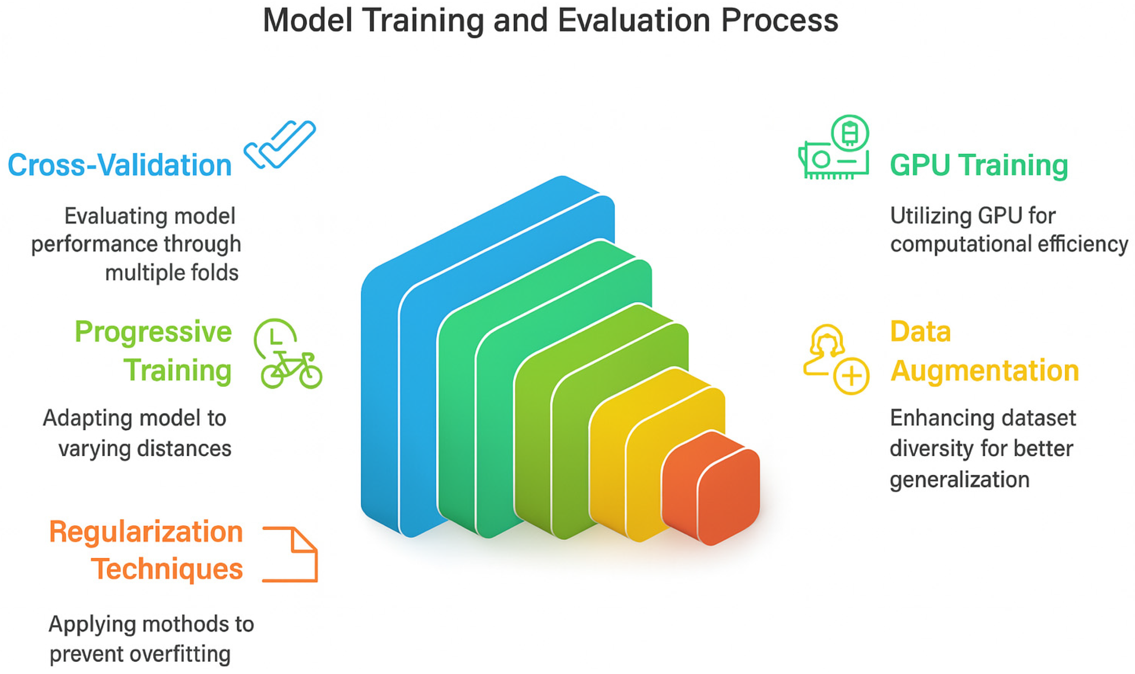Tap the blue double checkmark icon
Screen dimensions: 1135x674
279,144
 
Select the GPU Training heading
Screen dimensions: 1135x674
979,165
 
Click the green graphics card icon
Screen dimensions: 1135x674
834,147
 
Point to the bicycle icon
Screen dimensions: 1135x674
291,370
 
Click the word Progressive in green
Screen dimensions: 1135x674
153,332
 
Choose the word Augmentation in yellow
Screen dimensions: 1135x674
984,371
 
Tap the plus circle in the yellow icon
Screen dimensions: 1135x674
851,376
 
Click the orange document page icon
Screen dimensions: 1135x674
290,554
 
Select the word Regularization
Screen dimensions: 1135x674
146,532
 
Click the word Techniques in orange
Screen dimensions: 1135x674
167,569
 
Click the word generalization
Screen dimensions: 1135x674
959,480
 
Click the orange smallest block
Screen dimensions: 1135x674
710,488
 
